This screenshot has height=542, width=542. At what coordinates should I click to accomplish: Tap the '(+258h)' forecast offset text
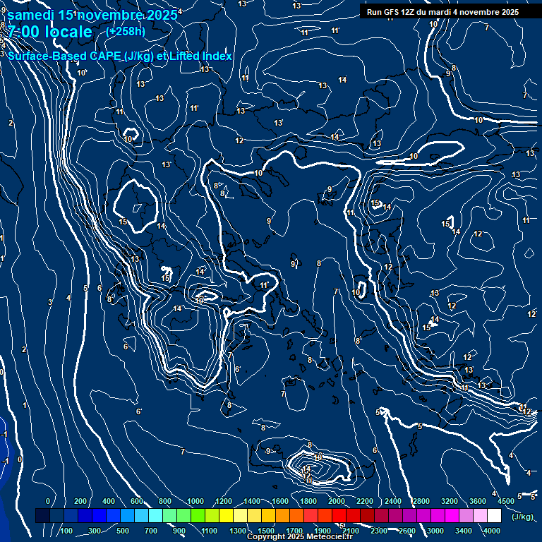[x=126, y=32]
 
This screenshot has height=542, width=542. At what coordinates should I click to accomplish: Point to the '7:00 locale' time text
[x=49, y=32]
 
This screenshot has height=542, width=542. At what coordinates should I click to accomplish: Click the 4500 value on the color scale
[x=505, y=501]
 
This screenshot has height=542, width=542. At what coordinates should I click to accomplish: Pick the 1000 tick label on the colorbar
[x=195, y=501]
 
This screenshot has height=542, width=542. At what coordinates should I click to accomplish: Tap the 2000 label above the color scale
[x=336, y=501]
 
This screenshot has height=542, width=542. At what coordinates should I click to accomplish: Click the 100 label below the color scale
[x=67, y=531]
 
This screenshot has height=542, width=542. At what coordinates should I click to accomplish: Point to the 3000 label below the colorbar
[x=436, y=531]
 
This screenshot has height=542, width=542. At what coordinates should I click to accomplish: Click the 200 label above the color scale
[x=80, y=501]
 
